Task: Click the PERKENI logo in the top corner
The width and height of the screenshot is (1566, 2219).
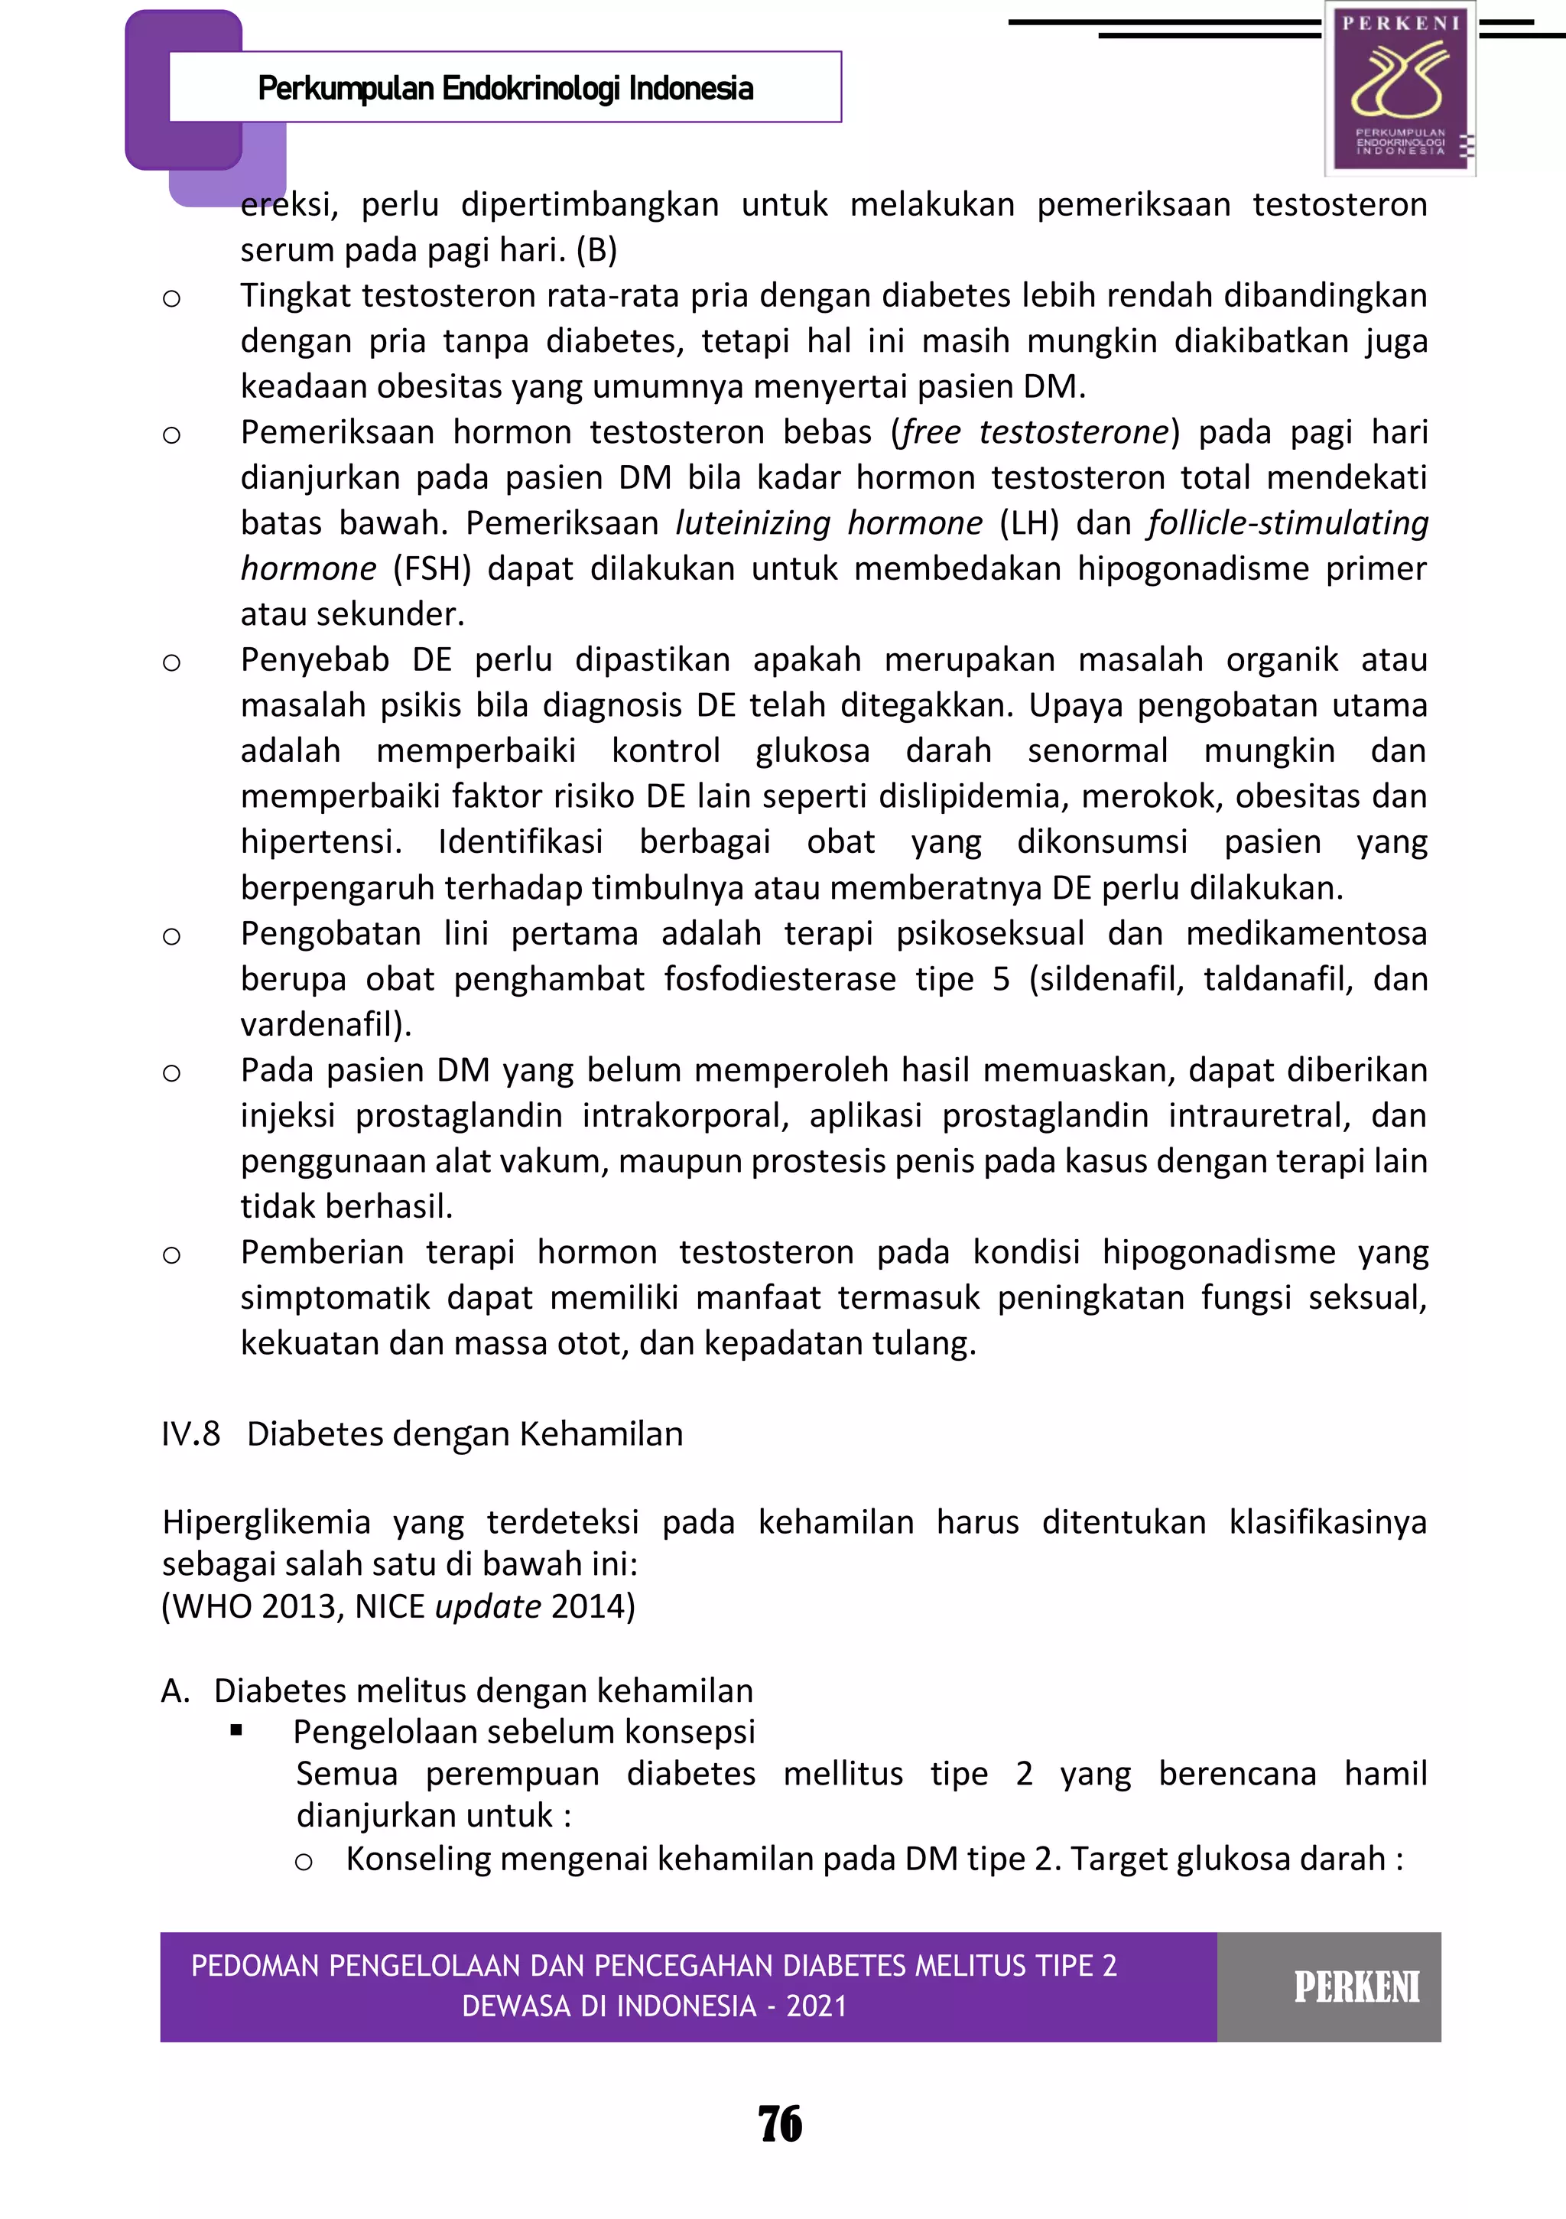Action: pyautogui.click(x=1400, y=88)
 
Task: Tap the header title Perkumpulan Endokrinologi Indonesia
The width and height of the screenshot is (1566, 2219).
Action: pyautogui.click(x=505, y=89)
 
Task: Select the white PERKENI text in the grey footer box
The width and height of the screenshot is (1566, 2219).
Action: pyautogui.click(x=1356, y=1988)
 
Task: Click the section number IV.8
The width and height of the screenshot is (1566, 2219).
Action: pyautogui.click(x=190, y=1434)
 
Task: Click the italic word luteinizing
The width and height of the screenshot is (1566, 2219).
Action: pyautogui.click(x=752, y=523)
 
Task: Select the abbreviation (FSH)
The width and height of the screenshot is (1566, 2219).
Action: pyautogui.click(x=432, y=568)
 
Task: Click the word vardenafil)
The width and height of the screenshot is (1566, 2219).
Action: pyautogui.click(x=326, y=1024)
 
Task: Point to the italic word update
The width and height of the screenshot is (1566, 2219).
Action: pyautogui.click(x=488, y=1606)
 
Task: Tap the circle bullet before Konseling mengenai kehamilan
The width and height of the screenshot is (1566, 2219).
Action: pyautogui.click(x=304, y=1863)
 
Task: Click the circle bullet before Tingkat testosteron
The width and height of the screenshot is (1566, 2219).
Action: pyautogui.click(x=172, y=298)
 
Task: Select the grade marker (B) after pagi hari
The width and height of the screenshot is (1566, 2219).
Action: pyautogui.click(x=596, y=250)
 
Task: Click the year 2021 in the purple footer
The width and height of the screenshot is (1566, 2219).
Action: pyautogui.click(x=817, y=2006)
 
